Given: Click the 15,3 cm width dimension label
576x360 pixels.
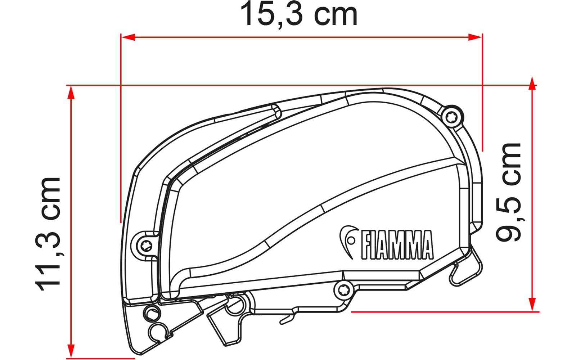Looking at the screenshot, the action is point(299,14).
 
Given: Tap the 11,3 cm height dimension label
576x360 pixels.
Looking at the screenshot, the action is point(48,234).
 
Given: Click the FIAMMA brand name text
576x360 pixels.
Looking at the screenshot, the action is point(397,245).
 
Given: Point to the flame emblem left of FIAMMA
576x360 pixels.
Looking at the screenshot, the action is point(348,241).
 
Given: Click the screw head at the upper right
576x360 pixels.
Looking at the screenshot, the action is point(450,118).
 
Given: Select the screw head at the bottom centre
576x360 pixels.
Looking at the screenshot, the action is point(342,291).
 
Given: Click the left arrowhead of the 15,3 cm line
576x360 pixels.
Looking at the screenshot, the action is point(128,37).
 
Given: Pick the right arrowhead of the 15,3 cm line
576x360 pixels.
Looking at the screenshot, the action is point(475,37).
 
